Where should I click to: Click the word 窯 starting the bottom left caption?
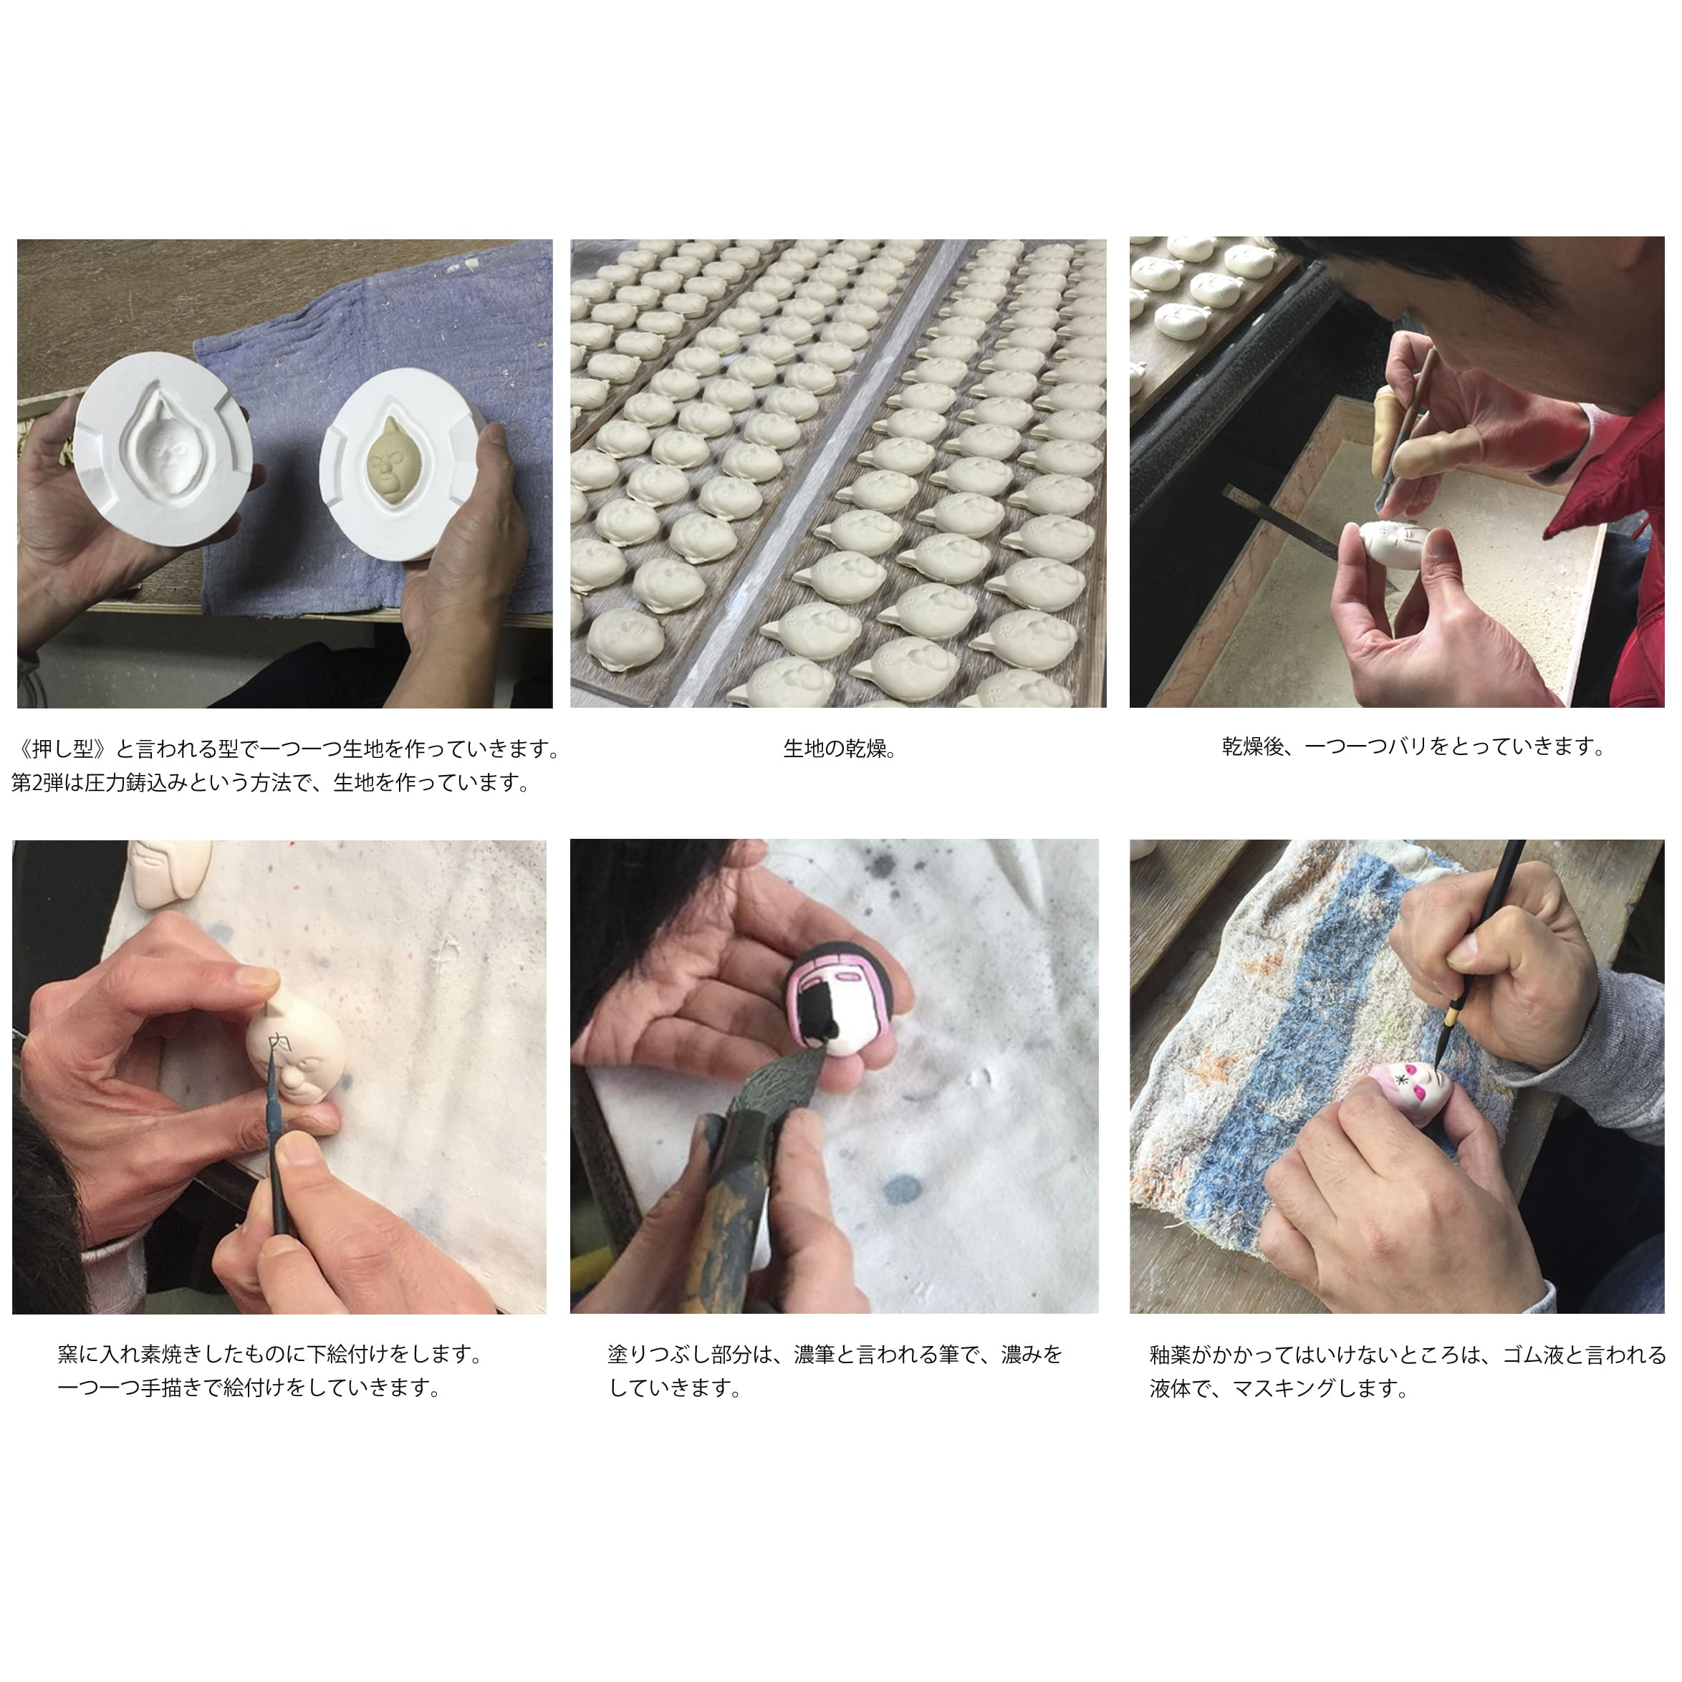click(x=68, y=1354)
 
